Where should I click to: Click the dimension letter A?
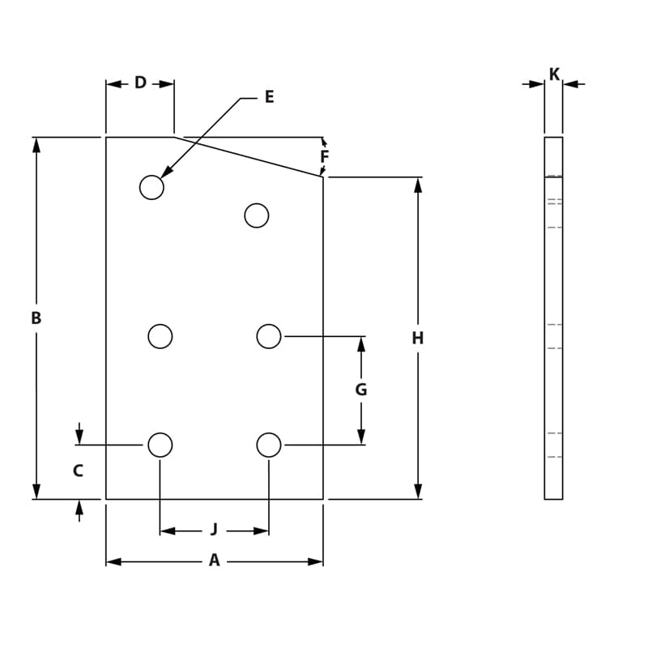[214, 561]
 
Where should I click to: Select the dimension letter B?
[36, 318]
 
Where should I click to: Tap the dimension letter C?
[78, 471]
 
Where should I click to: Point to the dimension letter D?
[140, 83]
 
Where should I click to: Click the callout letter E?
[269, 97]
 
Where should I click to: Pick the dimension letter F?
[324, 156]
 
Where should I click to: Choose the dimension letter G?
[361, 390]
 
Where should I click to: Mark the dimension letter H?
[418, 339]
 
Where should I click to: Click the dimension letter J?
[214, 530]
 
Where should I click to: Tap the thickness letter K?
[554, 75]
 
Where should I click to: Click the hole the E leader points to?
[151, 187]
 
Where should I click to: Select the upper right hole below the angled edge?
[257, 215]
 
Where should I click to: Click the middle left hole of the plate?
[160, 336]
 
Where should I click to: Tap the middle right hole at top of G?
[269, 336]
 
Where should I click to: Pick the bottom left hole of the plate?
[160, 445]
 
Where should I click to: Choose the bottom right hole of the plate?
[269, 445]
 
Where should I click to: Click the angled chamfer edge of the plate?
[249, 157]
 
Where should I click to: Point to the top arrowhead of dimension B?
[36, 144]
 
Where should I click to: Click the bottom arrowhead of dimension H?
[418, 492]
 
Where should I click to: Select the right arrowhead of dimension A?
[316, 561]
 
